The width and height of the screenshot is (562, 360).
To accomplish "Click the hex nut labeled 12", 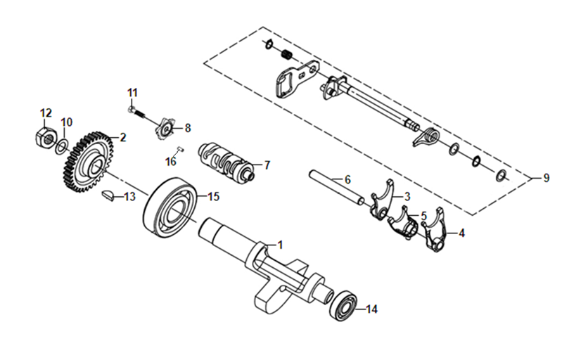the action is (x=46, y=137).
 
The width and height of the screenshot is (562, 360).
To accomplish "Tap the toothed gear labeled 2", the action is (x=89, y=162).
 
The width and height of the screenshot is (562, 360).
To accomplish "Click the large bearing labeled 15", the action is (x=171, y=208).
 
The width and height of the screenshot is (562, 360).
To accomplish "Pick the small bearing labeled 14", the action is (x=344, y=304).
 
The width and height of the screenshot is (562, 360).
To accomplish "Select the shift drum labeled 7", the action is (x=226, y=161).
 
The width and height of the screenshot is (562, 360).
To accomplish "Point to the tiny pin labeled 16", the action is (x=180, y=148).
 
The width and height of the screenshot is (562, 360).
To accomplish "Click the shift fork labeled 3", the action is (x=382, y=200).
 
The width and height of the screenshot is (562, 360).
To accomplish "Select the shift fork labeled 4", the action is (x=435, y=230).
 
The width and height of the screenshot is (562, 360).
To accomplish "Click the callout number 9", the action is (x=546, y=177).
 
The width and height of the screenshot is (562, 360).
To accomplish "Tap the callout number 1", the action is (x=280, y=245).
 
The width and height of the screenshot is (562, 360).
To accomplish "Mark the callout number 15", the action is (x=213, y=197).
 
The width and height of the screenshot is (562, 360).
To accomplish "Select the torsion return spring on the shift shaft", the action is (x=426, y=136).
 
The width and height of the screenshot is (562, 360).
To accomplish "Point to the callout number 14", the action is (x=371, y=309).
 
